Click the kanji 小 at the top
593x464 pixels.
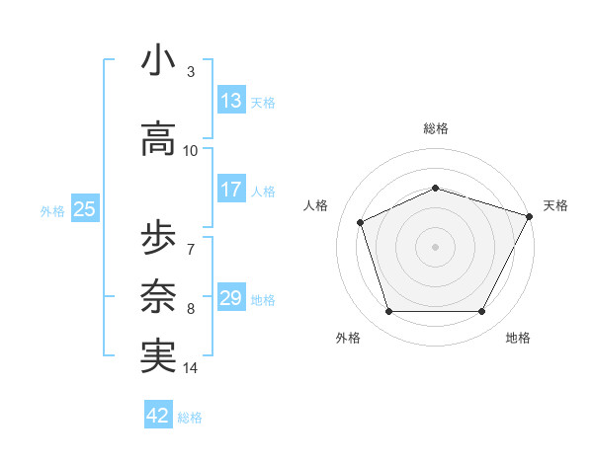[x=158, y=61]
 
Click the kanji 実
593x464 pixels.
[x=158, y=355]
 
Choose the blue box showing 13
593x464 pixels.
[x=230, y=101]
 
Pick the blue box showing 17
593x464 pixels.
[x=230, y=190]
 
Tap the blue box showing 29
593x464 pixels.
[x=230, y=298]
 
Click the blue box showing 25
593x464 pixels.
[x=84, y=208]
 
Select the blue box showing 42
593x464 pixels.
[x=158, y=416]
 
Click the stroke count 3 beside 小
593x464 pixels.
[x=191, y=73]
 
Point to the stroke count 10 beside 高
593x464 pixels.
[x=191, y=151]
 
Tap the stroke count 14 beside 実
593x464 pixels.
[x=191, y=368]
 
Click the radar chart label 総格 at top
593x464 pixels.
[x=436, y=128]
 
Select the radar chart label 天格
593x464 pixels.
[x=555, y=205]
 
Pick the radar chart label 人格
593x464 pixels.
[x=316, y=205]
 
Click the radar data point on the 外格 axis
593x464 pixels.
[x=388, y=312]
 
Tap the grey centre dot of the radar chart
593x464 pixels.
[x=436, y=247]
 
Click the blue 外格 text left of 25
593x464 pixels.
[x=52, y=210]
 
